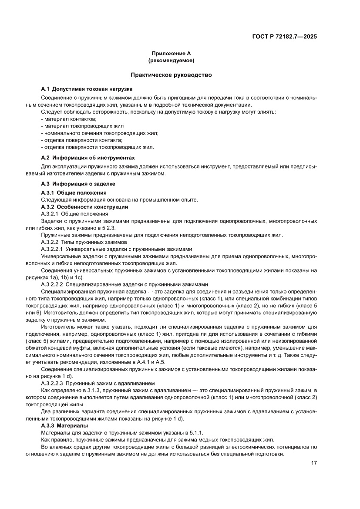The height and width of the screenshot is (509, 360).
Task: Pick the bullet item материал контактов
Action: pos(69,119)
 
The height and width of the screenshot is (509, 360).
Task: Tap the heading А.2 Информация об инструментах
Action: pos(88,157)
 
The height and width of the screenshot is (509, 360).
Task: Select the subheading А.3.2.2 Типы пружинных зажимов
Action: pos(84,242)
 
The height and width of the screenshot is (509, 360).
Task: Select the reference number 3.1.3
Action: pos(98,390)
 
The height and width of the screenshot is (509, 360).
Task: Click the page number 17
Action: pos(313,463)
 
